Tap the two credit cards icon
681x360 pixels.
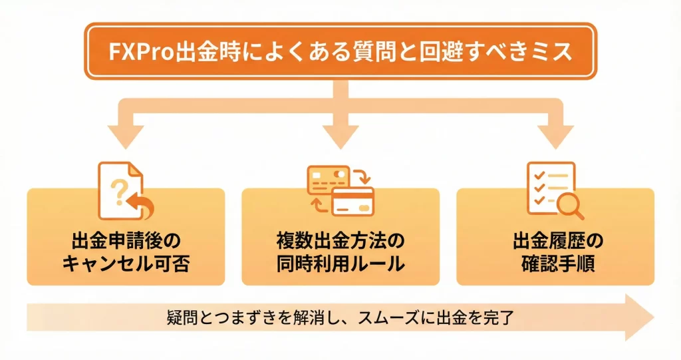340,191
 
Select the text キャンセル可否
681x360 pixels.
126,264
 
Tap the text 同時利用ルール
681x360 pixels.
340,264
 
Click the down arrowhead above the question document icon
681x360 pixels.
124,136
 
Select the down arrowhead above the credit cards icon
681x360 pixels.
340,136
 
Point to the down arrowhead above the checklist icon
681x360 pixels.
556,136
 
